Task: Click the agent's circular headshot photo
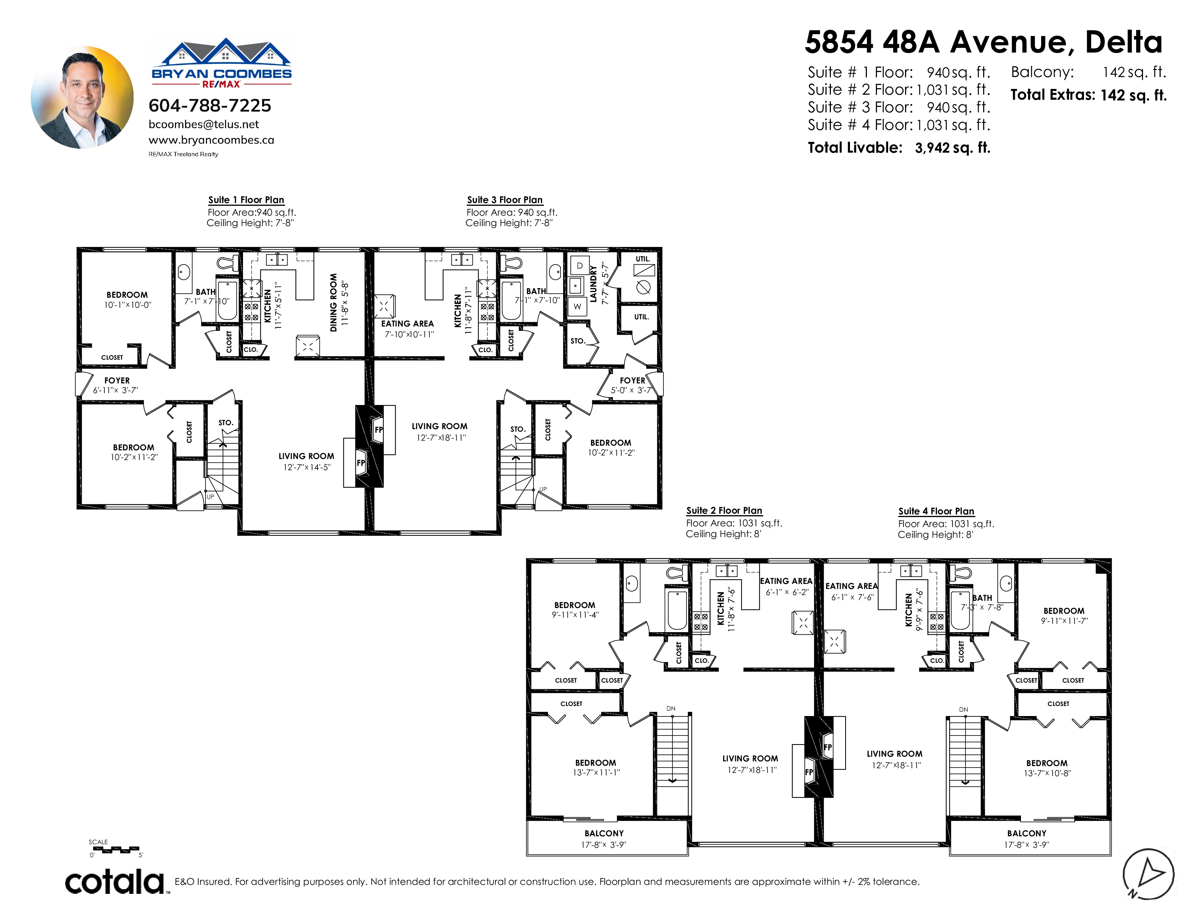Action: pos(82,97)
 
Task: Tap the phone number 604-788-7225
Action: pos(210,105)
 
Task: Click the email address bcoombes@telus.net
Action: pos(204,125)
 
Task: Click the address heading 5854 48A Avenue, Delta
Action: pos(984,42)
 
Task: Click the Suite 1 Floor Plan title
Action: pos(246,199)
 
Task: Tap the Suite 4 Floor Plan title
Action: pos(936,511)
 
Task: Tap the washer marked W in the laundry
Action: pos(577,306)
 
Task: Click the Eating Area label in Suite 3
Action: pos(408,324)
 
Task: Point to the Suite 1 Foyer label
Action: pos(117,381)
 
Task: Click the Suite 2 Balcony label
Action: pos(604,833)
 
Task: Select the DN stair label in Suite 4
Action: pos(963,710)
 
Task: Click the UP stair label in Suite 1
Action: pos(211,496)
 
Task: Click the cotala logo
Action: pos(115,882)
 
